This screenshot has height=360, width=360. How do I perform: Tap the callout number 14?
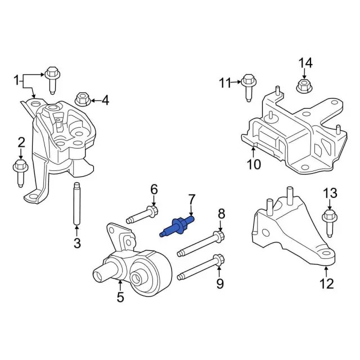304,62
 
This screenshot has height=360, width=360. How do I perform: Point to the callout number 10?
254,164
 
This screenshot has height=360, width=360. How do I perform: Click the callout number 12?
327,285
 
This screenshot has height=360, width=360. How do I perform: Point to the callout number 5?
120,298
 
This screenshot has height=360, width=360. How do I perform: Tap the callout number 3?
78,243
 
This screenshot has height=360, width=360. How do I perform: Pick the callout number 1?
16,80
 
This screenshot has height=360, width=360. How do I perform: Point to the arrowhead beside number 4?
93,101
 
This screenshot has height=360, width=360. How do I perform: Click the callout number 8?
221,213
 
